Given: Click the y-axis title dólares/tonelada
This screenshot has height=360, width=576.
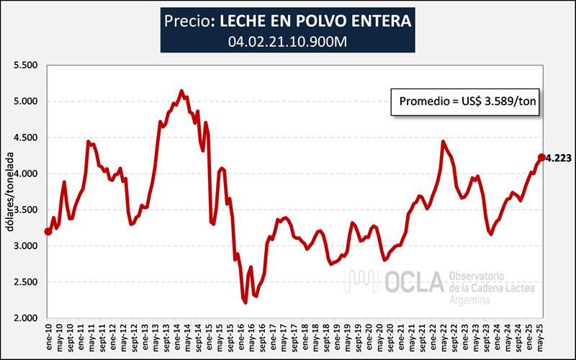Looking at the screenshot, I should click(x=9, y=191).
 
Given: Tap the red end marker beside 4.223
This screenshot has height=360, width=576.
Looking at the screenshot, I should click(x=541, y=158).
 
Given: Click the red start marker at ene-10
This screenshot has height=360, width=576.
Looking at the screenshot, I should click(x=48, y=231).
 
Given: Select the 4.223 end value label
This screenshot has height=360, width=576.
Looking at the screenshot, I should click(x=559, y=158).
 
